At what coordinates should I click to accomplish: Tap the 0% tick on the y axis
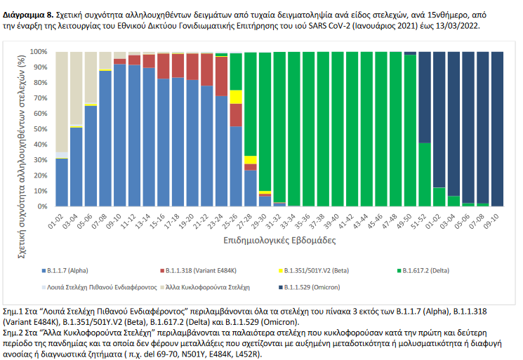(42, 206)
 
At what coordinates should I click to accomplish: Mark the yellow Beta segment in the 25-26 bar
(236, 97)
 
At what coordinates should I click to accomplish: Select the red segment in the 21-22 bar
(207, 69)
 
